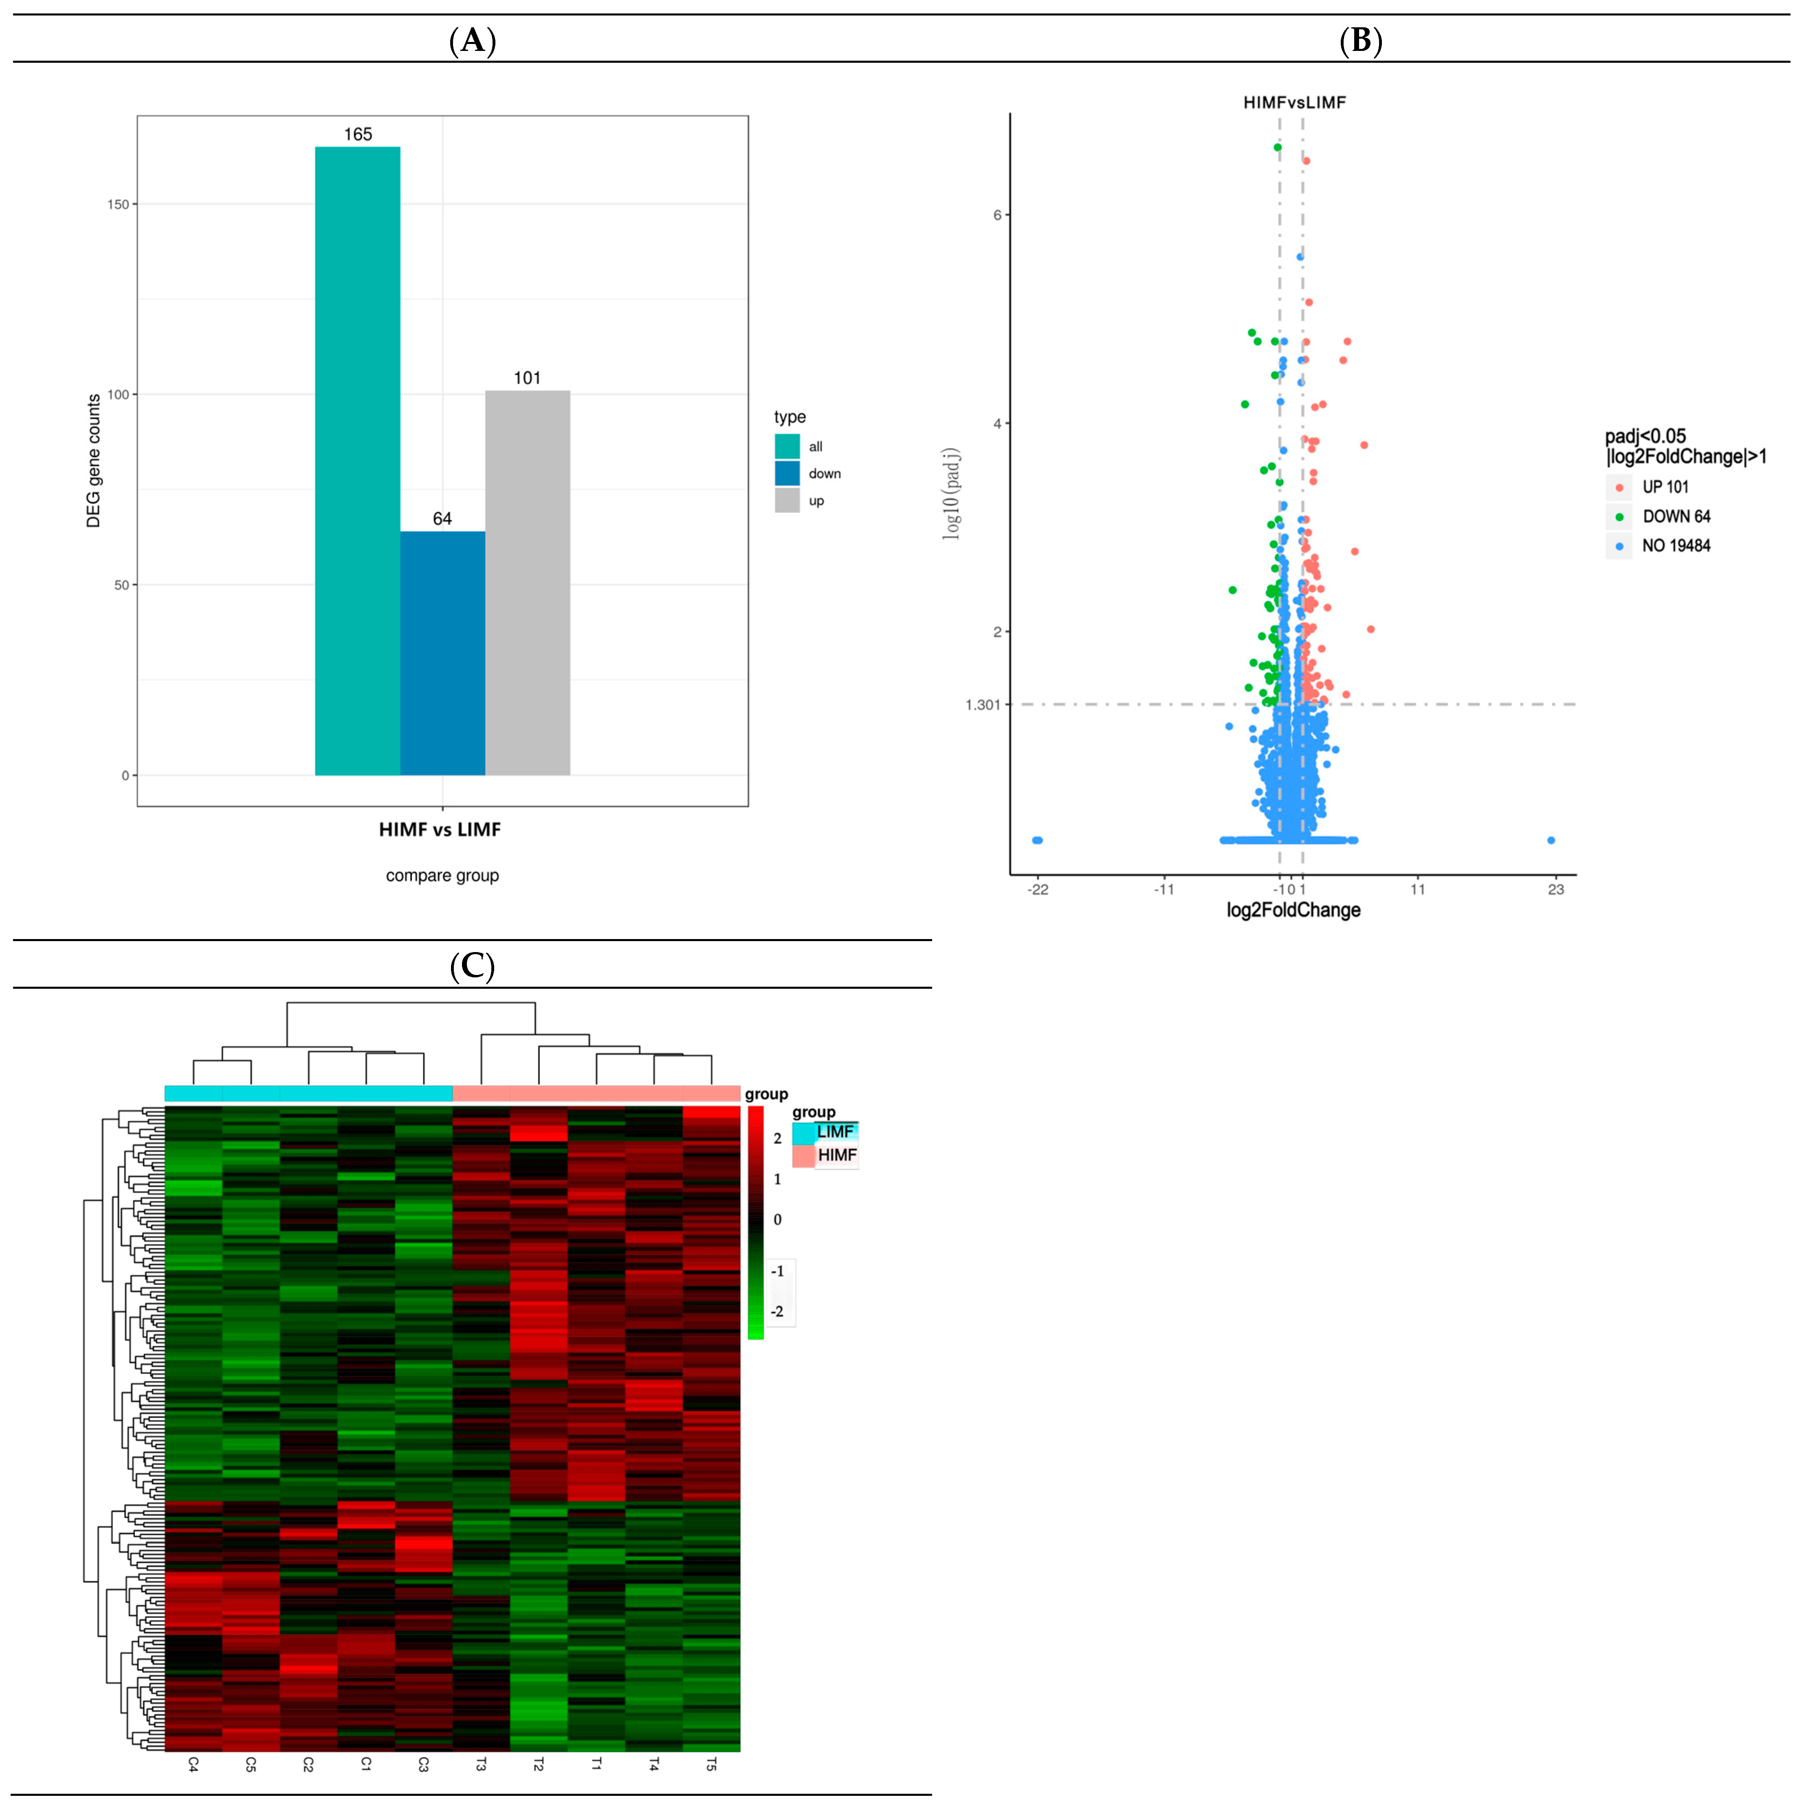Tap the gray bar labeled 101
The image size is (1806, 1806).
point(527,582)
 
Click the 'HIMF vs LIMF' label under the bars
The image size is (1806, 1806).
point(439,829)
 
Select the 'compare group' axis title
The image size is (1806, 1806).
point(442,876)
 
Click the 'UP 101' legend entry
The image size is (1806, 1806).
point(1665,487)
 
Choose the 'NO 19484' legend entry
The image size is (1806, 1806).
point(1675,546)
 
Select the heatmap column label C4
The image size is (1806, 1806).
point(194,1765)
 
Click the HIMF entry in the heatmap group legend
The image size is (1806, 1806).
point(836,1155)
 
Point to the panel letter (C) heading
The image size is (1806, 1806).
point(472,965)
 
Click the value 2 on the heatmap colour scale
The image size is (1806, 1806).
point(777,1139)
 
